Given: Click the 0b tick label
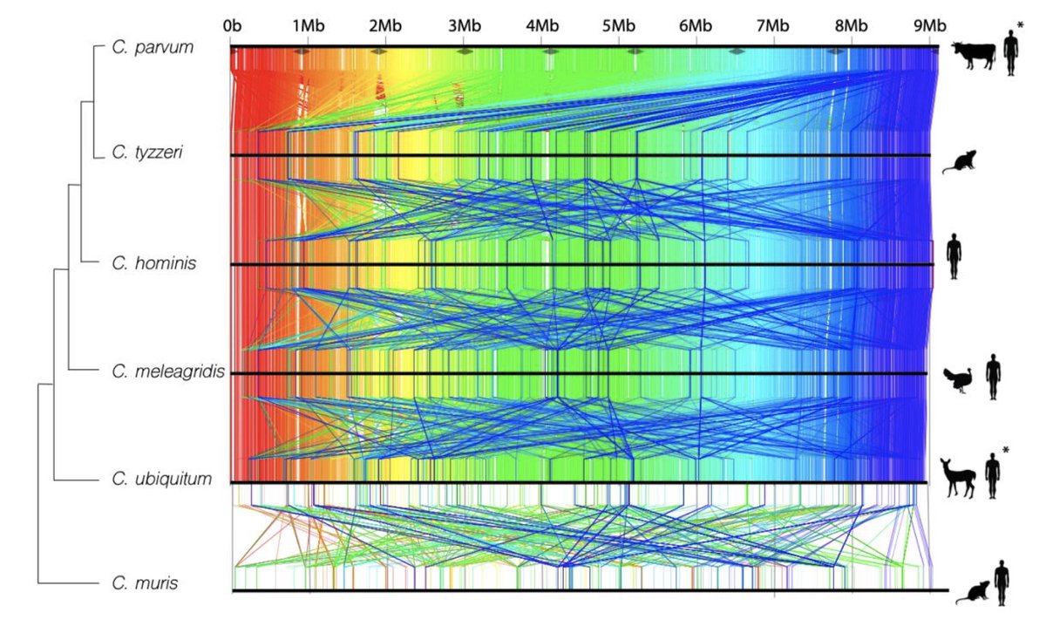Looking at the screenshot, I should [232, 25].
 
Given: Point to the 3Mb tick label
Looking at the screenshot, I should [464, 25].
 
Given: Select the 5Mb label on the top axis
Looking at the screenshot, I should [618, 25].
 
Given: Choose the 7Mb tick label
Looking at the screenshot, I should [772, 25].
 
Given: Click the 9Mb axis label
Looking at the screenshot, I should [927, 25].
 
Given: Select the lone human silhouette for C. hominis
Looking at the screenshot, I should [954, 256].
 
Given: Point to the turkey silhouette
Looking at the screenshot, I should [961, 381].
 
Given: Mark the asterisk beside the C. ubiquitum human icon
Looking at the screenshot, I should [1006, 450].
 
